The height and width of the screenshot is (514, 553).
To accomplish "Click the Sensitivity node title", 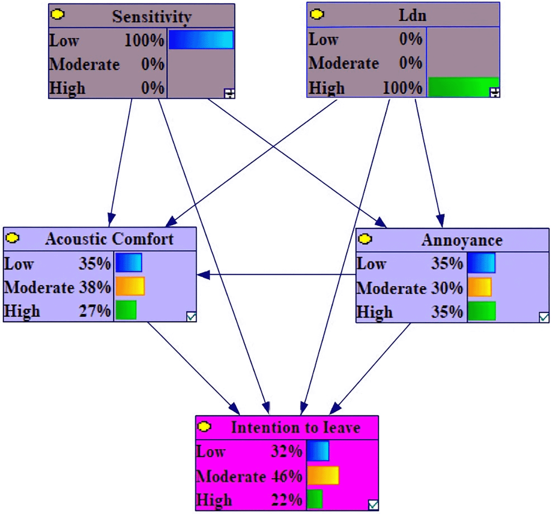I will tap(152, 17).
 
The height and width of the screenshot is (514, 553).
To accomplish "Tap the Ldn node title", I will tap(412, 15).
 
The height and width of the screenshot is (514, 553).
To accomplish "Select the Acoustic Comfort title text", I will tap(109, 239).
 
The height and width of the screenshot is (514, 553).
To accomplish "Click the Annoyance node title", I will tap(462, 240).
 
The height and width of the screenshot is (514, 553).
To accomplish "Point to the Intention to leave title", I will tap(295, 427).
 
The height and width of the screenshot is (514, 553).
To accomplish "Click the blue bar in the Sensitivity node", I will tap(201, 40).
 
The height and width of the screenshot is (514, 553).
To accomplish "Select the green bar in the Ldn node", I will tap(463, 87).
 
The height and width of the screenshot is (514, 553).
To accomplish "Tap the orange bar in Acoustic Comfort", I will tap(130, 287).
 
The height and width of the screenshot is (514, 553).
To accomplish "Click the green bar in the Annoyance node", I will tap(482, 311).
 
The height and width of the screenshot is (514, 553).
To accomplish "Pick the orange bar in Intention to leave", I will tap(323, 475).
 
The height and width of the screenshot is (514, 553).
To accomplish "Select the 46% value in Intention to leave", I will tap(287, 476).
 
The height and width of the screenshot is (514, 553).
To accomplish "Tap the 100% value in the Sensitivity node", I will tap(144, 41).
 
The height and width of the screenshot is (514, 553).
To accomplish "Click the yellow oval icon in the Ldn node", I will tap(317, 14).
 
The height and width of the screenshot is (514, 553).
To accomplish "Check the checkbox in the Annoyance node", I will tap(544, 317).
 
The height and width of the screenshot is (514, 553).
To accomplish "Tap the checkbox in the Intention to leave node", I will tap(373, 505).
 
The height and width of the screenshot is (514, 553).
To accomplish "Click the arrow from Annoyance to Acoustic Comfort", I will tap(277, 275).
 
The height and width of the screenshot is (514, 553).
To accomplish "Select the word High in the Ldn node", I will tap(327, 88).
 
